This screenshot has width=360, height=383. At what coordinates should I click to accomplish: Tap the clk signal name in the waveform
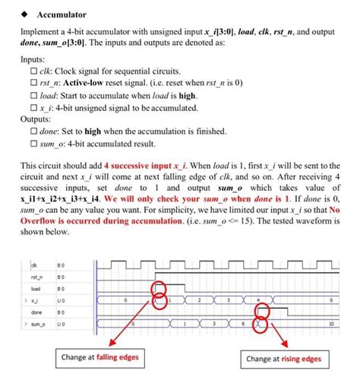[33, 264]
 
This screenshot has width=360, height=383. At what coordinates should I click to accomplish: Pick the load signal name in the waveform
[35, 289]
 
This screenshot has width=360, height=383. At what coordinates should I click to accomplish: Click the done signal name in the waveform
[36, 312]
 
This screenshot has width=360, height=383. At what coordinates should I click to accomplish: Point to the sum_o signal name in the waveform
[37, 324]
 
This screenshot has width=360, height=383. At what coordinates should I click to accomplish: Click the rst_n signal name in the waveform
[36, 277]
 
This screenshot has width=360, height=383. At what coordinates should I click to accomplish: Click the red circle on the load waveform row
[159, 289]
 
